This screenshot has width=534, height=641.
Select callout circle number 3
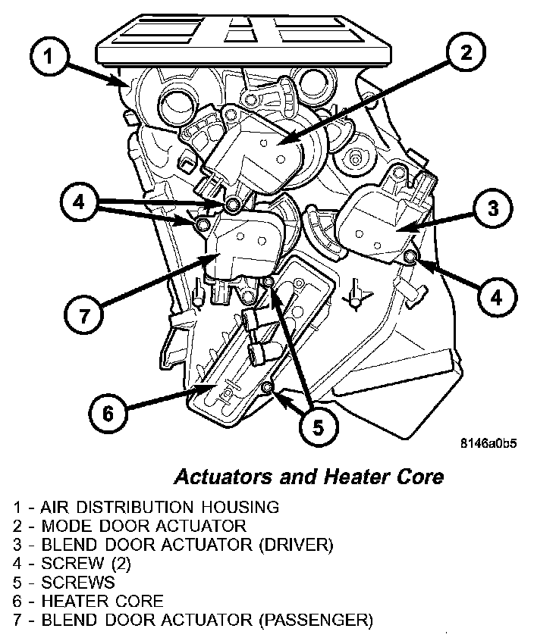pos(492,207)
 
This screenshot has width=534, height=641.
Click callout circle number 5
pos(317,428)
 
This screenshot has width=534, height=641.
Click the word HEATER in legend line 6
pos(68,602)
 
